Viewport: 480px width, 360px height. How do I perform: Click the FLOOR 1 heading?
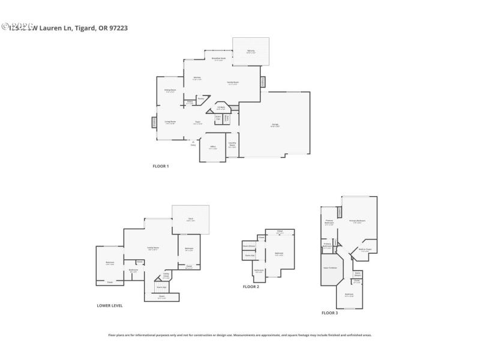coord(160,166)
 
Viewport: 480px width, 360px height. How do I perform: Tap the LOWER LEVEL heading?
coord(110,305)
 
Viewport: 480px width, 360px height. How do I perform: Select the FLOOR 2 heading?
coord(251,287)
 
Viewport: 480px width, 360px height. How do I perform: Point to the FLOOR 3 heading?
coord(329,313)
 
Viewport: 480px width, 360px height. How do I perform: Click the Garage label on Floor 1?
coord(274,125)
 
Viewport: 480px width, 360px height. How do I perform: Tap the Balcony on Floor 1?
coord(251,52)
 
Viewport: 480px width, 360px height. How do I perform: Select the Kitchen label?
coord(196,78)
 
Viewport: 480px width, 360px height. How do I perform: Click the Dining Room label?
coord(170,91)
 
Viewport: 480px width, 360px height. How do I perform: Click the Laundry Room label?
coord(232,145)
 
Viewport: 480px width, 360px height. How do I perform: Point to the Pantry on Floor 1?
coord(201,98)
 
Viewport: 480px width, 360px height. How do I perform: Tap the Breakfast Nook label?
coord(218,59)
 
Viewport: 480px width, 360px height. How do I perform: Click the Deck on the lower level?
coord(190,220)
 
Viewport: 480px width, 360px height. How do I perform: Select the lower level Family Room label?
coord(153,248)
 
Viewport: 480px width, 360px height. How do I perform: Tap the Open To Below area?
coord(330,268)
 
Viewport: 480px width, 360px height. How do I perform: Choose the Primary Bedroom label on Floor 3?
coord(357,221)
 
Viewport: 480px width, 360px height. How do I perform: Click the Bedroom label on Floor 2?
coord(279,253)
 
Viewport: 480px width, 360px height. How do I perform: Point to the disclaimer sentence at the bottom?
coord(239,335)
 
